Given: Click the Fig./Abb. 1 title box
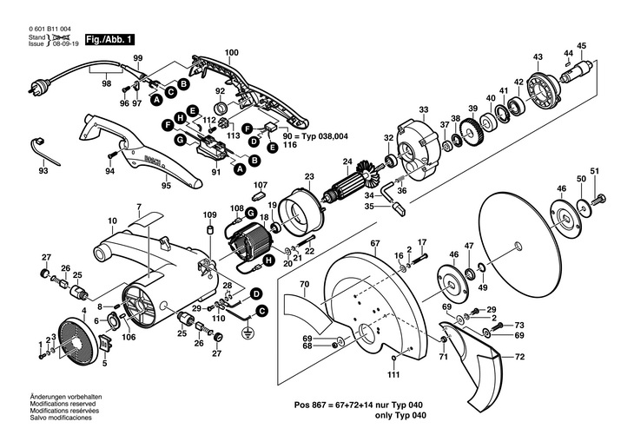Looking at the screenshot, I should [x=109, y=40].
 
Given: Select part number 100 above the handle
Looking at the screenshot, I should [x=231, y=54].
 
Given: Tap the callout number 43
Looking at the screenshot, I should [x=538, y=57].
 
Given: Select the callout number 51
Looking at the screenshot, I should [x=594, y=170].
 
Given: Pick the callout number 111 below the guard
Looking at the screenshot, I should [x=393, y=374].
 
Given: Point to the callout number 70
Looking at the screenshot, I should [x=303, y=284].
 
